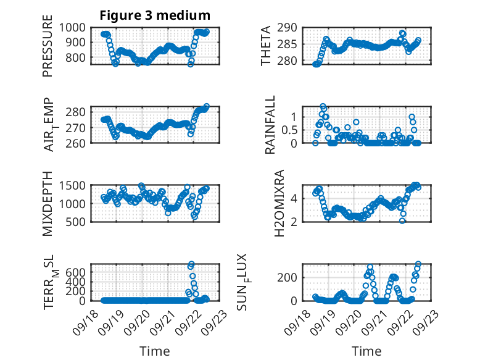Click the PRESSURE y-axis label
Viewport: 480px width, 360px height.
[x=48, y=49]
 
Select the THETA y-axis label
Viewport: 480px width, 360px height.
[x=267, y=46]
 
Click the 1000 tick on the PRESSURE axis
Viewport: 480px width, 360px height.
[x=76, y=27]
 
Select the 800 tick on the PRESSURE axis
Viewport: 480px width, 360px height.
[x=79, y=58]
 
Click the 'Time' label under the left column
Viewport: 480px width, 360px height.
[x=155, y=351]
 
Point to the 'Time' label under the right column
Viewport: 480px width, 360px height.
[x=366, y=351]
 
